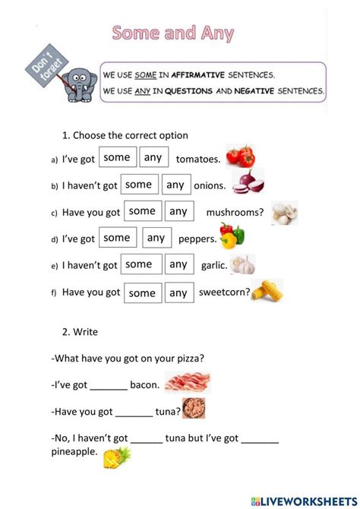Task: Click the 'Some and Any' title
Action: click(172, 33)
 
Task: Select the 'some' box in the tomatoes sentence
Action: click(117, 158)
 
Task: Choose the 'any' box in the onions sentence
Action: click(175, 185)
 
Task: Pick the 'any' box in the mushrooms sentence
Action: click(178, 211)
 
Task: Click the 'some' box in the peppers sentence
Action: click(117, 238)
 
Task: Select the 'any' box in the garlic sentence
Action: click(178, 264)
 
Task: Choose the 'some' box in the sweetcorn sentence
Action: click(142, 292)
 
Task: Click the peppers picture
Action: click(232, 236)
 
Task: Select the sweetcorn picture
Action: click(267, 290)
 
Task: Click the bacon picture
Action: click(187, 382)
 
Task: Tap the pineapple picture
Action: click(117, 457)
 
